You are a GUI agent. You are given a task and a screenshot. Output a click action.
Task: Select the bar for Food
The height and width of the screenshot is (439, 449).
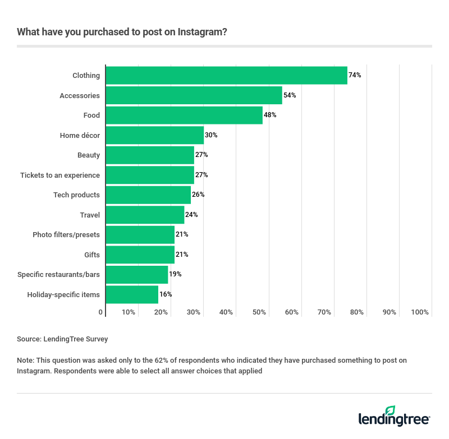tap(184, 115)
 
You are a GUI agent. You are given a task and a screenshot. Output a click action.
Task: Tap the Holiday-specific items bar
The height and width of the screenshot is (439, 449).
tap(132, 294)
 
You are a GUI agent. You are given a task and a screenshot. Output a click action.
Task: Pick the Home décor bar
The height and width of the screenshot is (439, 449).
tap(155, 135)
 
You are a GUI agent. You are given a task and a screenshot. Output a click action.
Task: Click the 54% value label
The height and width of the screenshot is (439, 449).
tap(290, 95)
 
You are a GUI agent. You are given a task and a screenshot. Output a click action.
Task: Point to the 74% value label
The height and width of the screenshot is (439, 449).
tap(355, 76)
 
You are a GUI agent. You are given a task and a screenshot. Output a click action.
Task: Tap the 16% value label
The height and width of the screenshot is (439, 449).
tap(166, 294)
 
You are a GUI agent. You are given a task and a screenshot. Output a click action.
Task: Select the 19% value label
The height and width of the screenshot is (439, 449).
tap(175, 274)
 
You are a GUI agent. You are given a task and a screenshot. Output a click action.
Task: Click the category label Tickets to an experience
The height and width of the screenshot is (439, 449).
tap(60, 175)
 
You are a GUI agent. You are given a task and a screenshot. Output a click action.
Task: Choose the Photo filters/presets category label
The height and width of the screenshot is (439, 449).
tap(66, 235)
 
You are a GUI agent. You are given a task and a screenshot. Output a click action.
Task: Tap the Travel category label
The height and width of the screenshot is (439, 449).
tap(90, 215)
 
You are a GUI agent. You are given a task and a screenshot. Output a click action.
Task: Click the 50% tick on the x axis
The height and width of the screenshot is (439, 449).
tap(259, 312)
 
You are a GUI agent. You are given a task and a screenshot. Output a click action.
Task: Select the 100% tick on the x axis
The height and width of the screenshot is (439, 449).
tap(420, 312)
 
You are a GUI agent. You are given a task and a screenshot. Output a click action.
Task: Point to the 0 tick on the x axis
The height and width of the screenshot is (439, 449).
tap(101, 312)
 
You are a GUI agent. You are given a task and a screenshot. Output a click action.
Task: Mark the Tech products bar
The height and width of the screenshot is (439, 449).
tap(148, 195)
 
